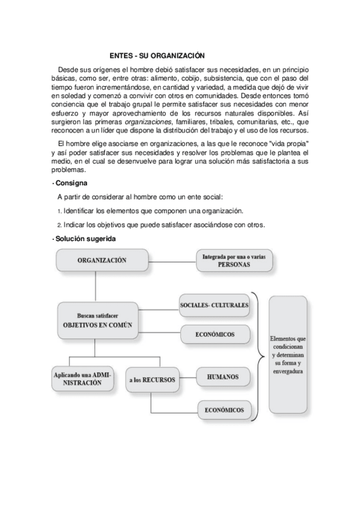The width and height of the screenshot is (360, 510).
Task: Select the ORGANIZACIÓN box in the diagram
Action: pos(102,260)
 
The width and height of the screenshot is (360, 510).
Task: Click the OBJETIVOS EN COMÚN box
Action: pos(97,319)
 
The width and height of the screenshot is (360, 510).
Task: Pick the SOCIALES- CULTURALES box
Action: pos(214,306)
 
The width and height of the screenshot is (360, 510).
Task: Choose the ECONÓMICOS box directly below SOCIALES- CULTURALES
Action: pos(214,334)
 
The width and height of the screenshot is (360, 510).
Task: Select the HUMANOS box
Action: pos(222,377)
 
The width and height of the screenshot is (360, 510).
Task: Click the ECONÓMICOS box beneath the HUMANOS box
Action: pos(222,410)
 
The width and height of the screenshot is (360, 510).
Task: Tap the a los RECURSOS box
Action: pos(152,380)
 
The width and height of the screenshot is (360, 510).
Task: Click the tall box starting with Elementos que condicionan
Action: pos(288,351)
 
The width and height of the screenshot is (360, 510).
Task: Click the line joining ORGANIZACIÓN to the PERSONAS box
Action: pos(171,260)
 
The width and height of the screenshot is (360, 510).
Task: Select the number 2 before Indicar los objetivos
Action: pos(59,226)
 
